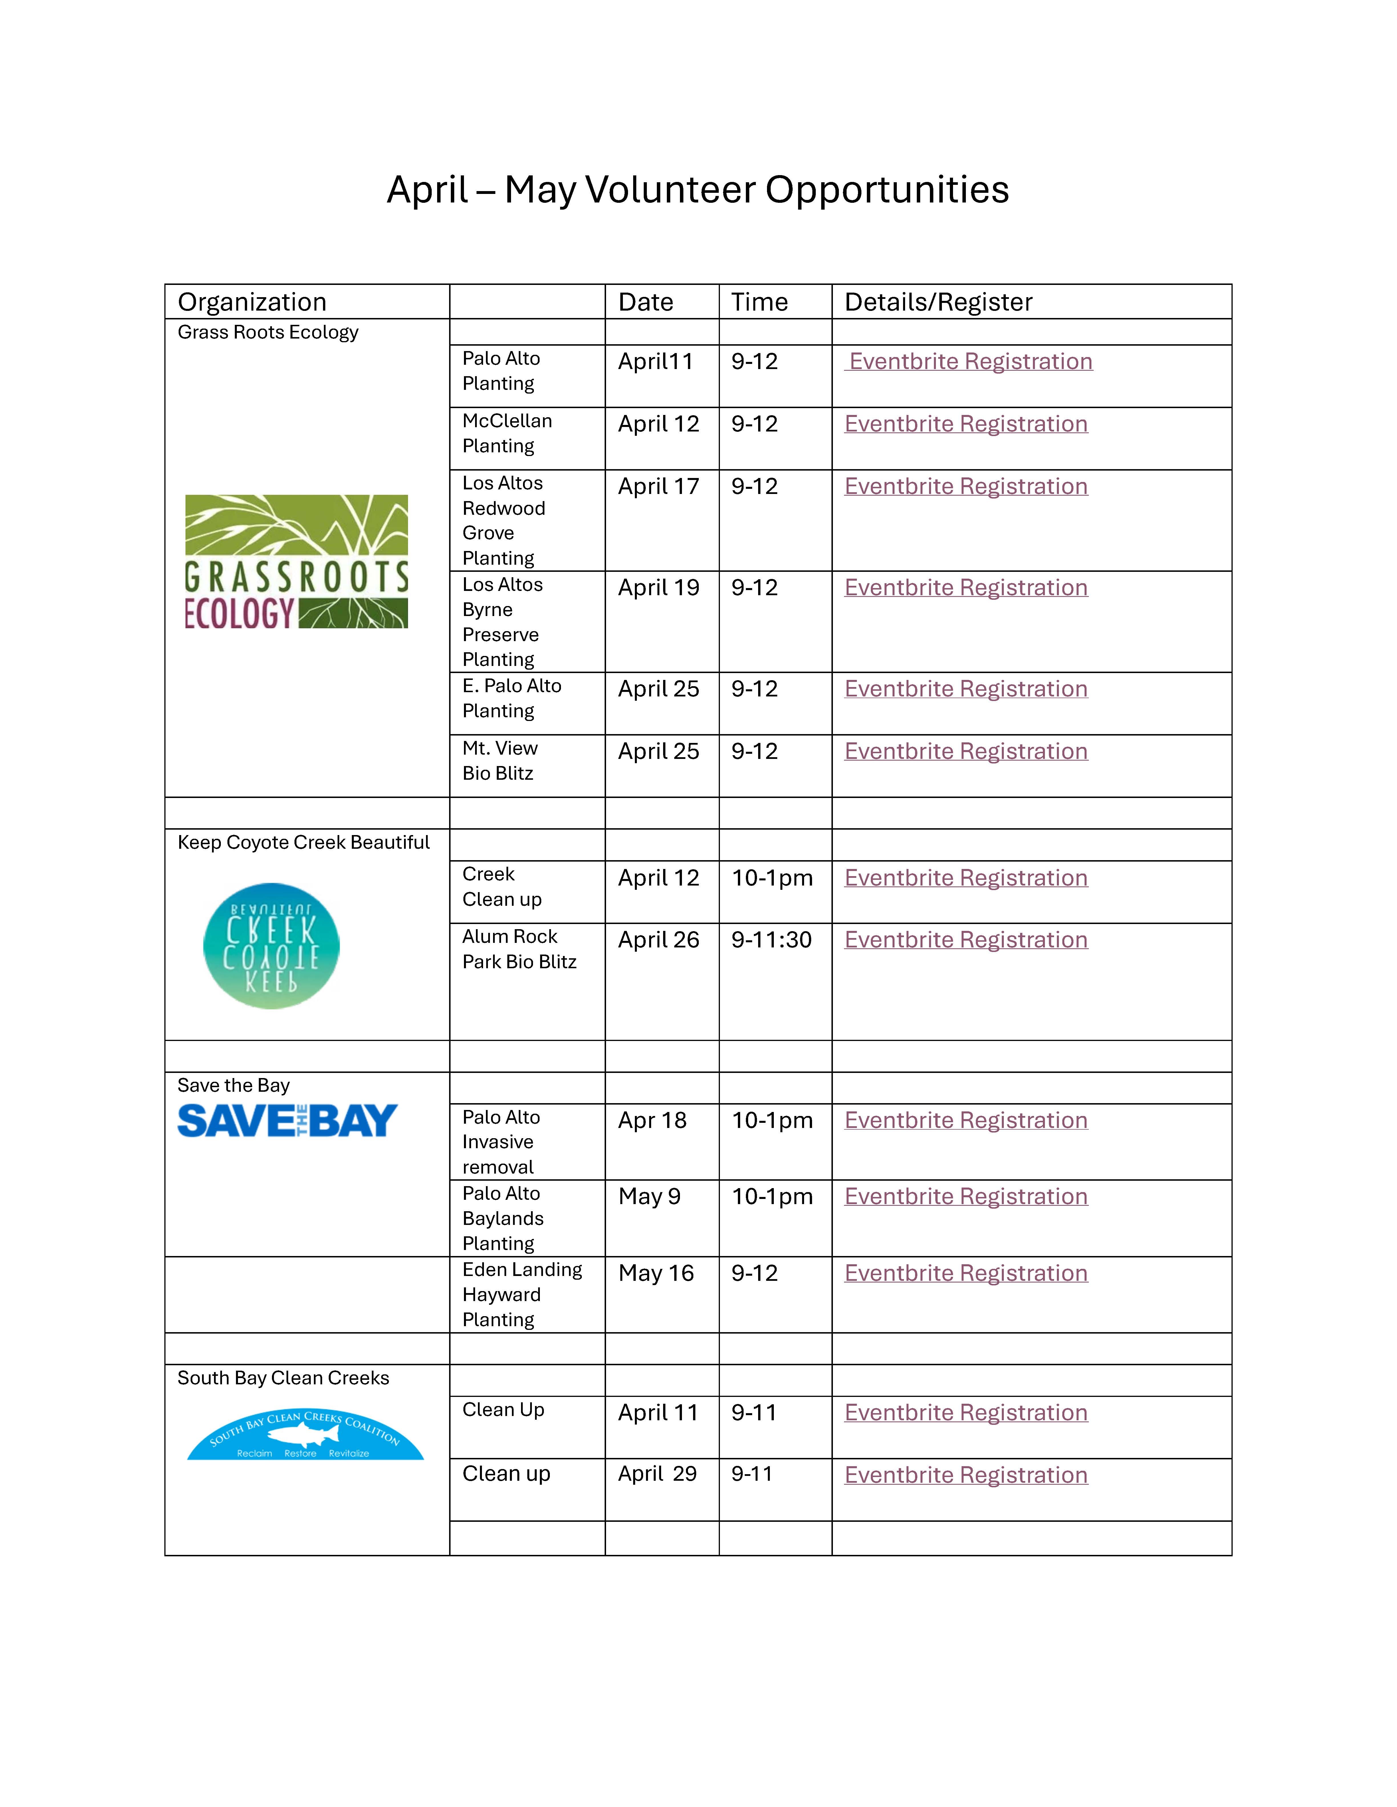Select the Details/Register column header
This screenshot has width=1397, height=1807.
tap(938, 302)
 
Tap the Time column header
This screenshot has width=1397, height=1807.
tap(759, 302)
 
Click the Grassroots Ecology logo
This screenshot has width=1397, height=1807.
tap(296, 562)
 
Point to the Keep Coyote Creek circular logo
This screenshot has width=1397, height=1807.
tap(271, 946)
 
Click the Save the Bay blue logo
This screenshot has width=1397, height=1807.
tap(287, 1121)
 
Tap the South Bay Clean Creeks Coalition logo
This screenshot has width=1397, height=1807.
tap(305, 1435)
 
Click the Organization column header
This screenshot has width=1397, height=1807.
tap(253, 302)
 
